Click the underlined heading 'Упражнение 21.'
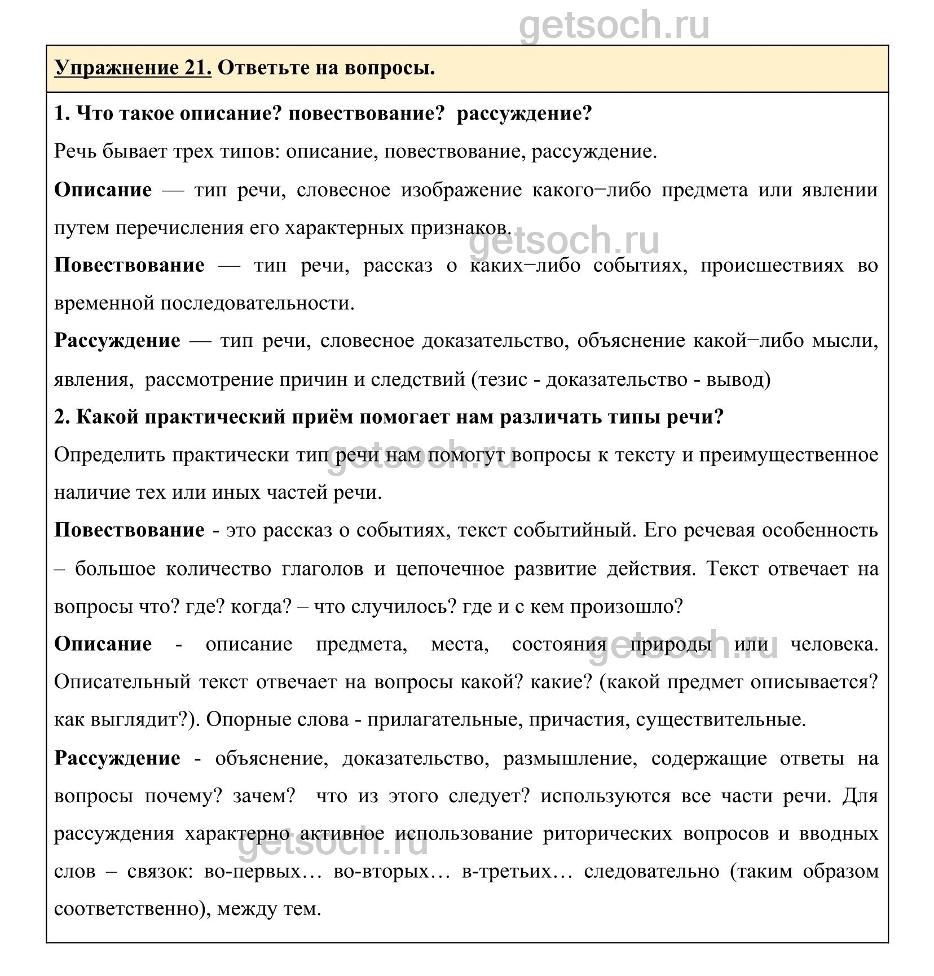tap(133, 68)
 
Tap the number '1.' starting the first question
tap(62, 114)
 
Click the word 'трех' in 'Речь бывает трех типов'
tap(190, 152)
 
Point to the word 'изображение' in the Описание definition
tap(461, 190)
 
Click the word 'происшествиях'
tap(772, 266)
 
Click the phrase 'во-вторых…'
tap(391, 872)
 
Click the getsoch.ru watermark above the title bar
tap(614, 25)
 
